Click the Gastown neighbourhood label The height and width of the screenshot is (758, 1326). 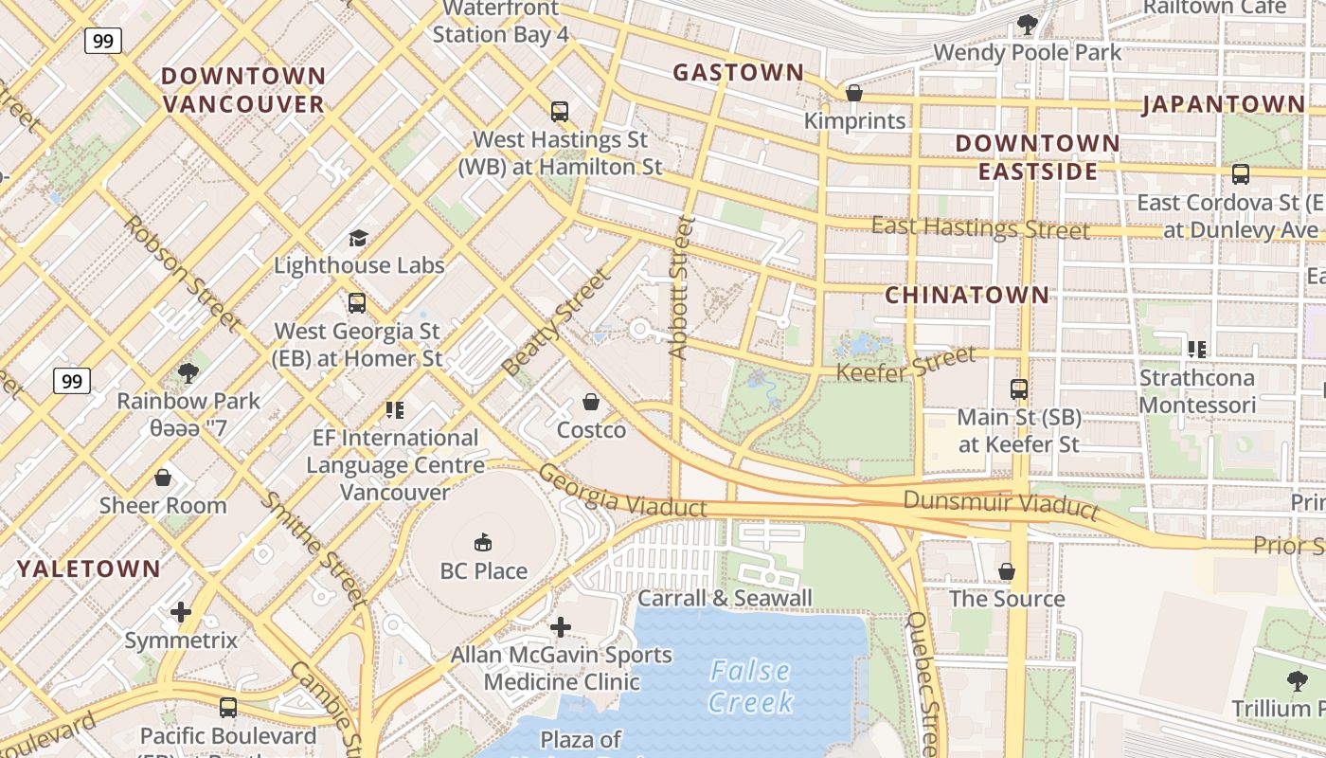click(738, 72)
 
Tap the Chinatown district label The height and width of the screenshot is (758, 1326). click(967, 295)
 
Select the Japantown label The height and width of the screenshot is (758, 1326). click(1223, 104)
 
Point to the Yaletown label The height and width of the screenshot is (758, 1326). click(89, 569)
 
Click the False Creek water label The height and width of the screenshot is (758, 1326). click(750, 686)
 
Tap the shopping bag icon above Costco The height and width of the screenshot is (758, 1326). click(591, 403)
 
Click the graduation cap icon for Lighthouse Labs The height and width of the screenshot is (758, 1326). click(358, 238)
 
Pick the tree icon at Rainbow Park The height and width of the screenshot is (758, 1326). click(188, 373)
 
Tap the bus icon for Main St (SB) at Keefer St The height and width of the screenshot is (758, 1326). click(1019, 389)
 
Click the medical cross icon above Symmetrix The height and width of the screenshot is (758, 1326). click(181, 612)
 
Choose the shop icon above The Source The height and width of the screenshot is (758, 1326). click(1007, 571)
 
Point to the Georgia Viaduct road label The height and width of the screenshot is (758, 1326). click(622, 491)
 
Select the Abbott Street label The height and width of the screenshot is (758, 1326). click(681, 287)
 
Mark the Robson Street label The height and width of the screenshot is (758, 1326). click(180, 273)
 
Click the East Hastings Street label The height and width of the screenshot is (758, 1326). click(979, 227)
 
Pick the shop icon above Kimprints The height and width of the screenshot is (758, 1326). click(854, 93)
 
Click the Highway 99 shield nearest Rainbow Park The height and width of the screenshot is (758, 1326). click(71, 381)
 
